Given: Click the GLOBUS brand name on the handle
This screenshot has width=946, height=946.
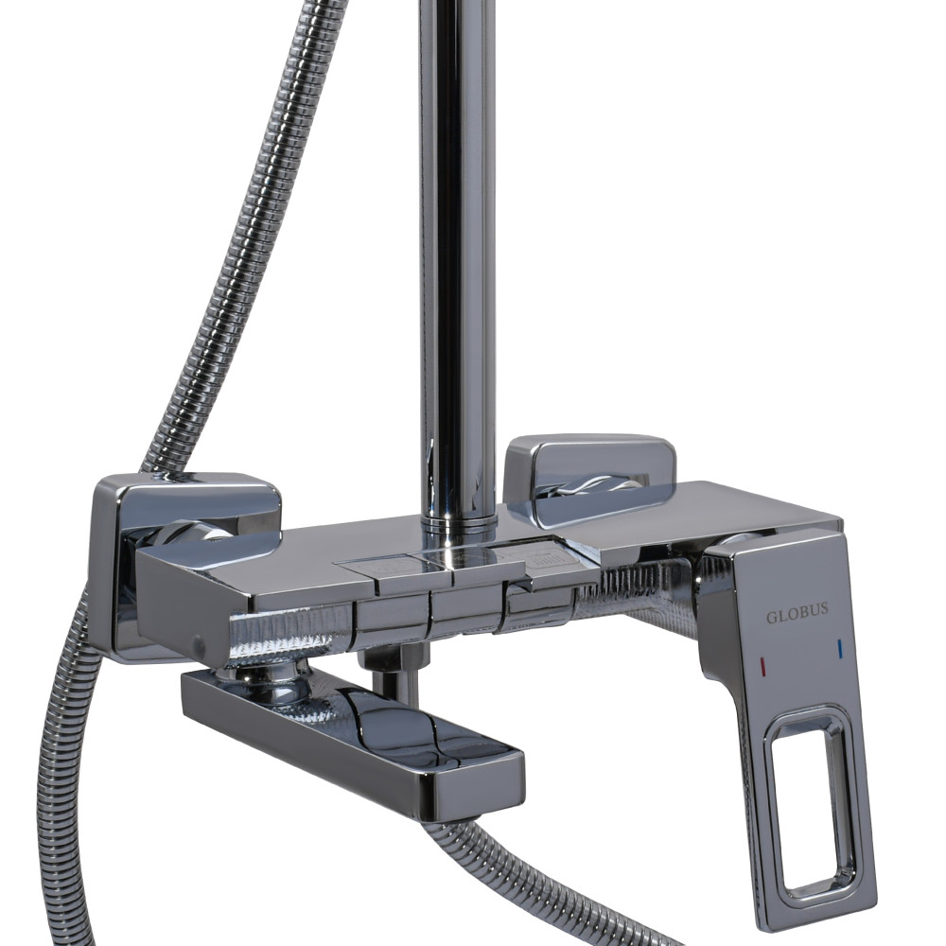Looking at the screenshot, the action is click(797, 616).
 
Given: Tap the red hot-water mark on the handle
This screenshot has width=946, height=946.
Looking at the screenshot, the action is click(764, 666).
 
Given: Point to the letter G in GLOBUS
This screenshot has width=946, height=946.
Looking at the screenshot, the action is click(771, 618).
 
